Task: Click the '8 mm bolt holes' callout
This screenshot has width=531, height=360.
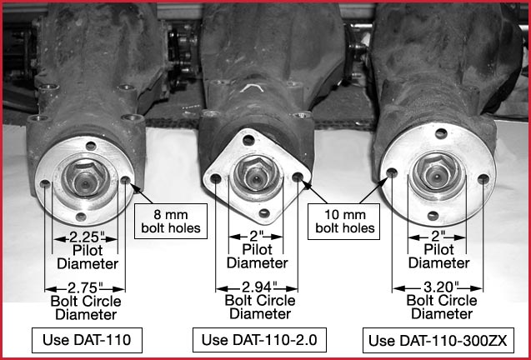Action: point(172,220)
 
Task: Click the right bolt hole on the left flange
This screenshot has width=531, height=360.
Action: point(126,180)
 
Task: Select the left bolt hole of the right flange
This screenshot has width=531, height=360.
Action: point(392,175)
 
